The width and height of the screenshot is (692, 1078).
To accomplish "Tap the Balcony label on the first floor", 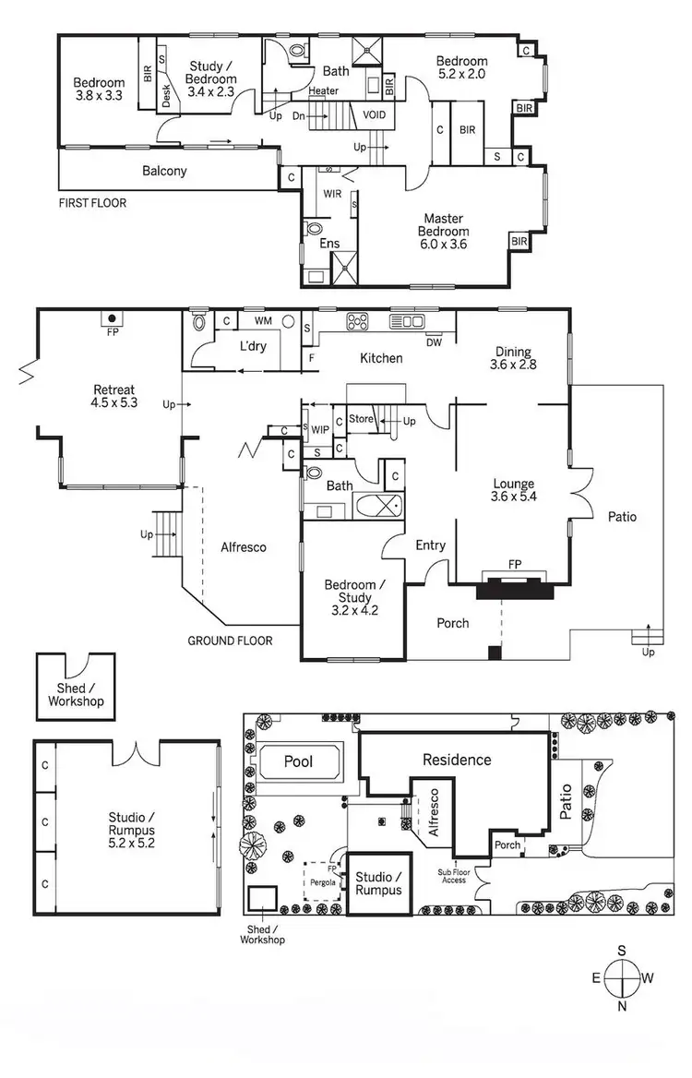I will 164,171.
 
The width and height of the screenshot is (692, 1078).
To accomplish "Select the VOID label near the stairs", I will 375,115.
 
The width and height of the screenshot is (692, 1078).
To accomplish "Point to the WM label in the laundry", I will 263,321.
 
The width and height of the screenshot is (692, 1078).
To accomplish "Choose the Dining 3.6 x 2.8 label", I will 512,357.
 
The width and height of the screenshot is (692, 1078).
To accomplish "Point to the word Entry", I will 430,545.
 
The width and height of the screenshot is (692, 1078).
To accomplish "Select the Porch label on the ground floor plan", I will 452,623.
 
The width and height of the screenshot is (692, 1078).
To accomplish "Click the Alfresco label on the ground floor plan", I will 244,547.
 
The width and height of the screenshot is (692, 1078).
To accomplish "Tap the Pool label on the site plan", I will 299,762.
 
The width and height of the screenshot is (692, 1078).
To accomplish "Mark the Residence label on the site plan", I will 457,760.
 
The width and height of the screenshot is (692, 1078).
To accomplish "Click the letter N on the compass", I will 622,1007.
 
